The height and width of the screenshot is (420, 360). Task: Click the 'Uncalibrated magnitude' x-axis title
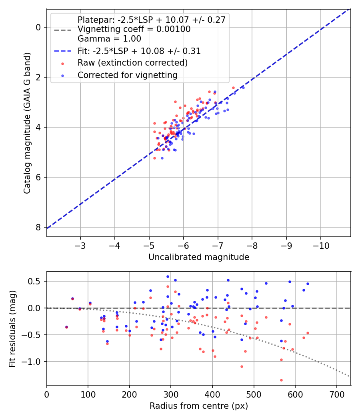[199, 257]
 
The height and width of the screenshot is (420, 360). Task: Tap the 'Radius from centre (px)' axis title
[199, 406]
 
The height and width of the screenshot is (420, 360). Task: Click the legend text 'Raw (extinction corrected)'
[132, 63]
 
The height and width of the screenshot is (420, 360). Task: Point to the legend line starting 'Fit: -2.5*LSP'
[139, 51]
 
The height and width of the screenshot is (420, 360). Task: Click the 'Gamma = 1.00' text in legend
[109, 39]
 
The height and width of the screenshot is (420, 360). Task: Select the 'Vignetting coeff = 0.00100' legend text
[134, 29]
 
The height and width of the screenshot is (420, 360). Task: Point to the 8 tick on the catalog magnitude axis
[38, 227]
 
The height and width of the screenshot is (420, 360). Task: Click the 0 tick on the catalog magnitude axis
[38, 27]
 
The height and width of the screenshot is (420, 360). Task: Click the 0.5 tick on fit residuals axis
[36, 281]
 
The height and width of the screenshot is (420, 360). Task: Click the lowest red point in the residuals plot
[281, 380]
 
